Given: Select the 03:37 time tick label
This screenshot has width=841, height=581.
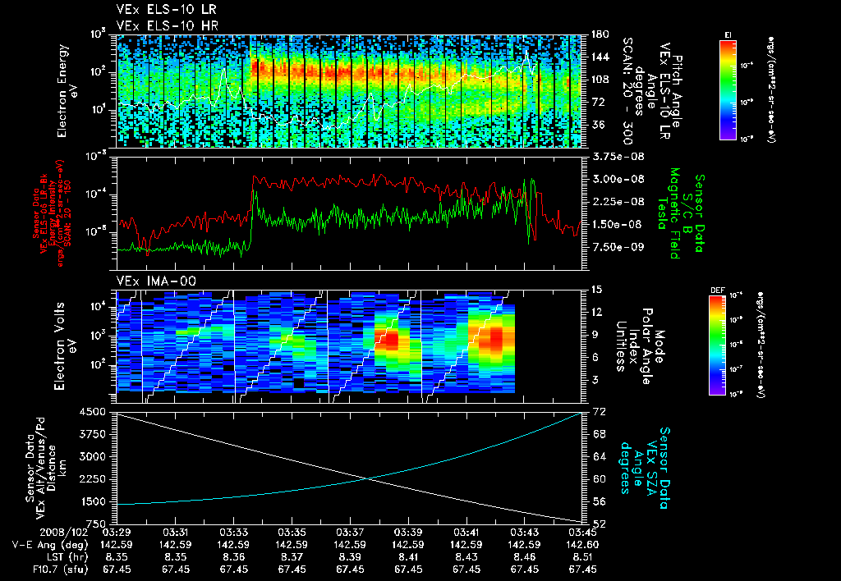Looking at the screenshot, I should point(351,532).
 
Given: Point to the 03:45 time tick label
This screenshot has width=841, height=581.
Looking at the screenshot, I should point(584,532).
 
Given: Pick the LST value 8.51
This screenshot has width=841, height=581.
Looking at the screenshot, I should point(584,556).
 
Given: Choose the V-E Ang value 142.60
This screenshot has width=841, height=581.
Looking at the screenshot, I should point(584,544).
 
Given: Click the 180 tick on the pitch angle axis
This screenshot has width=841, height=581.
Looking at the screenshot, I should point(600,34).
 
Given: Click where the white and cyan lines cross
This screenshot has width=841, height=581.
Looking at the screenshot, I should point(368,479).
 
